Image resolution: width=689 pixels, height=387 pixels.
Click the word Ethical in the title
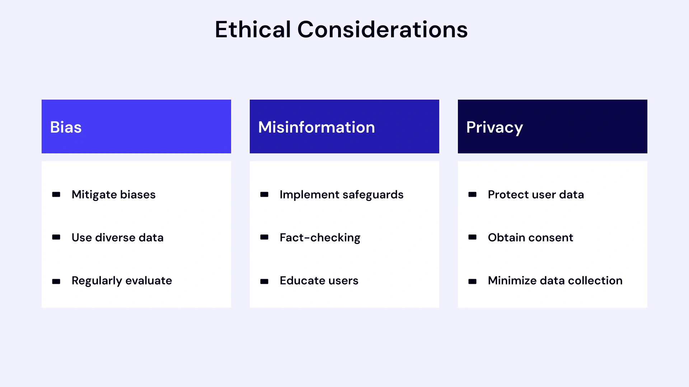click(x=253, y=29)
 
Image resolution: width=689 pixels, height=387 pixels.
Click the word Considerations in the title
click(x=383, y=29)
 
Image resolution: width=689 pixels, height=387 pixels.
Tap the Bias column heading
click(x=66, y=127)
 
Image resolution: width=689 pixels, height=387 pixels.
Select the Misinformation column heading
click(x=317, y=127)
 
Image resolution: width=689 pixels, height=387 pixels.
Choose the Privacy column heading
click(x=495, y=127)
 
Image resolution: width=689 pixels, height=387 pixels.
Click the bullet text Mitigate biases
click(x=113, y=195)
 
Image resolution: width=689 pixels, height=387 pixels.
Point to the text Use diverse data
click(x=117, y=238)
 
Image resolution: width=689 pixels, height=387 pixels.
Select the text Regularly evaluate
click(x=122, y=281)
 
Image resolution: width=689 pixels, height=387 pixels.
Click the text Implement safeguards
click(x=341, y=195)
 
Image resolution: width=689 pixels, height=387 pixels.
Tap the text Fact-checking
click(x=320, y=238)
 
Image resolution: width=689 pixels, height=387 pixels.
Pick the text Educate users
click(x=319, y=281)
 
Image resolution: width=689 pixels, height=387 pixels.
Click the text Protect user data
click(x=536, y=195)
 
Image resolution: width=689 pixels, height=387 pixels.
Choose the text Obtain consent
click(x=530, y=238)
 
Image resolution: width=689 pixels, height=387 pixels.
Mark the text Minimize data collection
click(x=555, y=281)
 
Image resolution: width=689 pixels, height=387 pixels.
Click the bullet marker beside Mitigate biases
click(x=56, y=195)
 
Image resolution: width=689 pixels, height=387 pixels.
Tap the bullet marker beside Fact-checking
click(x=264, y=237)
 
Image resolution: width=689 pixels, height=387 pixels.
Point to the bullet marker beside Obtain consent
click(x=473, y=237)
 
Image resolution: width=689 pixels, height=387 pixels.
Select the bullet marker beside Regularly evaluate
click(x=56, y=282)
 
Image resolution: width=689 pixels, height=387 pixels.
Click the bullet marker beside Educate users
click(x=264, y=282)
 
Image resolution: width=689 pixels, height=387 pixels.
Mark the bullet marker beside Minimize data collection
click(x=473, y=282)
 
